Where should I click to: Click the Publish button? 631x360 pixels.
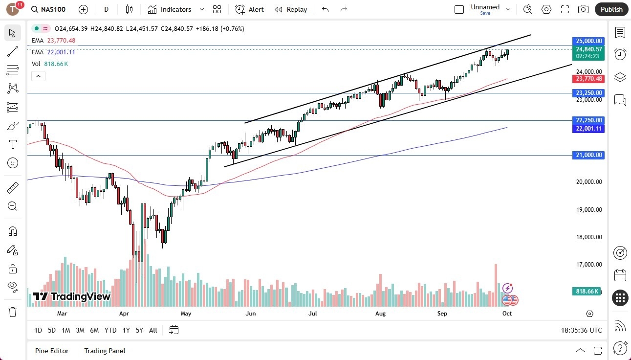click(x=611, y=9)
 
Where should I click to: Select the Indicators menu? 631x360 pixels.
click(x=170, y=9)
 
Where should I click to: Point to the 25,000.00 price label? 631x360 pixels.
click(x=588, y=41)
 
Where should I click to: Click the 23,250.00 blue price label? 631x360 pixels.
click(x=588, y=93)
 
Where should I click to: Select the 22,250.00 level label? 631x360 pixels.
click(x=588, y=120)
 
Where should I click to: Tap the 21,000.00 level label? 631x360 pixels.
click(x=588, y=155)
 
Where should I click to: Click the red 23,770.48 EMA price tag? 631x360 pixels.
click(x=588, y=79)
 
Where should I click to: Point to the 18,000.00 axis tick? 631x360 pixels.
click(x=588, y=237)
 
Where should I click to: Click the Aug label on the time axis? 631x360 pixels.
click(x=380, y=313)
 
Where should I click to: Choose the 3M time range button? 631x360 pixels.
click(x=80, y=330)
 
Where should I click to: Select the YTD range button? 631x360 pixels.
click(x=110, y=330)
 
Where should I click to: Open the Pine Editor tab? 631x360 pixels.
click(x=52, y=351)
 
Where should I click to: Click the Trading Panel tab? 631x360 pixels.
click(x=105, y=351)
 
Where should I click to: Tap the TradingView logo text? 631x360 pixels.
click(x=72, y=296)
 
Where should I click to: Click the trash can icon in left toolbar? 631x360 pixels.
click(x=13, y=312)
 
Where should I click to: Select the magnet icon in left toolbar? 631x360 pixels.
click(x=13, y=231)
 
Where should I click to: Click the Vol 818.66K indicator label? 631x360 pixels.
click(x=50, y=64)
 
